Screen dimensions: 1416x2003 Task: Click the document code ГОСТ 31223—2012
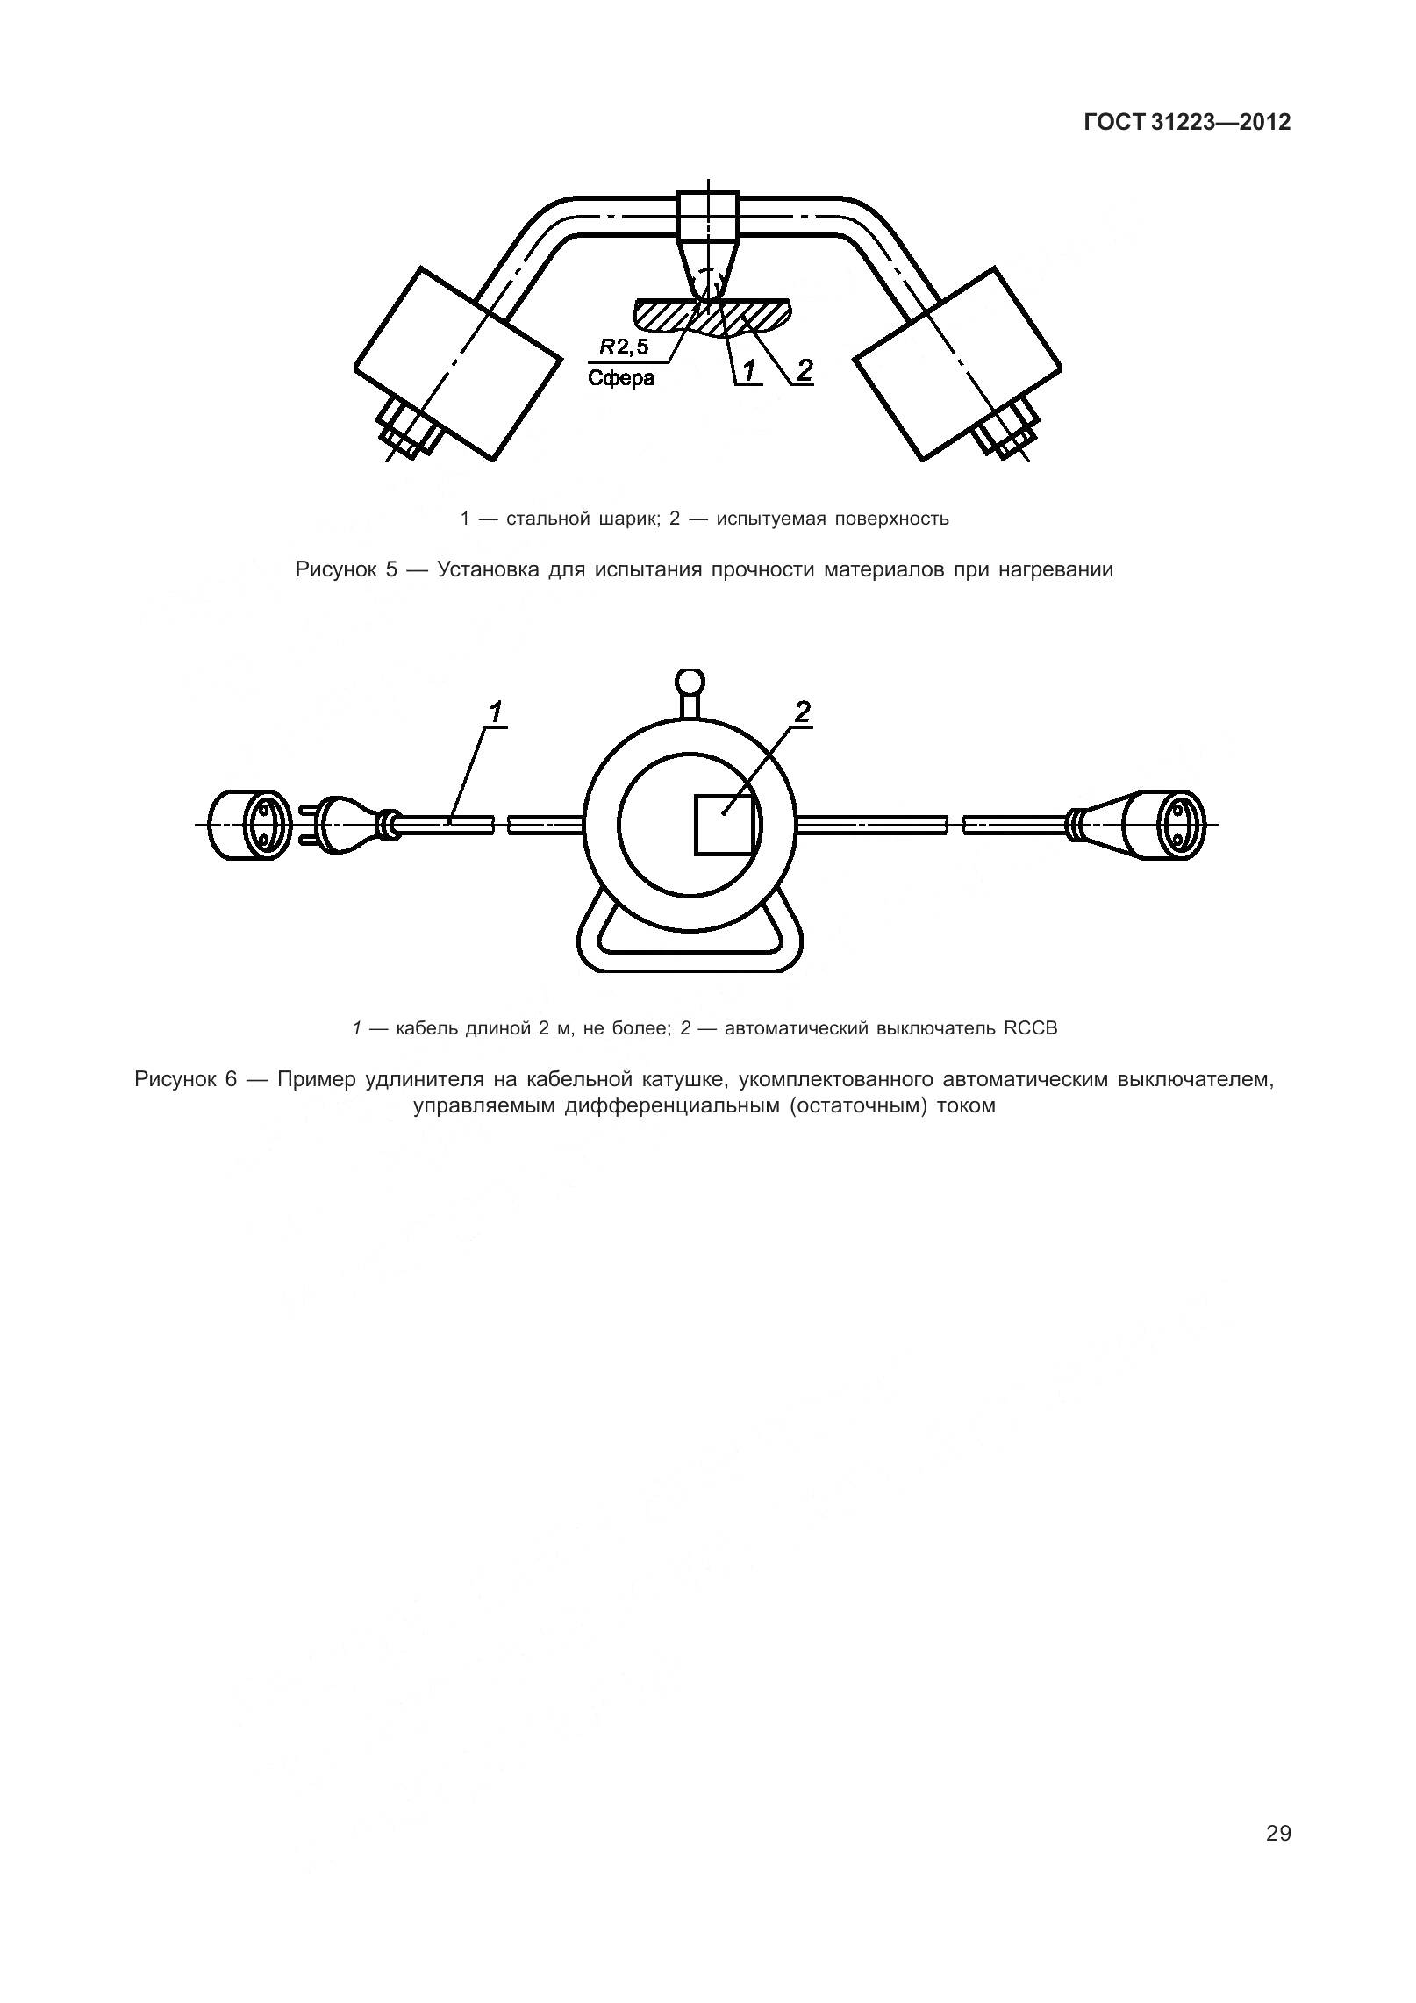point(1187,123)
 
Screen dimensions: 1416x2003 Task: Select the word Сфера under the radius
point(620,379)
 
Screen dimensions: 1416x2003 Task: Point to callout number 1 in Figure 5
point(748,371)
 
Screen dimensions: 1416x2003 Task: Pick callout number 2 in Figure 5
point(804,370)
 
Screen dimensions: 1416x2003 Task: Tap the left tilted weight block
point(457,363)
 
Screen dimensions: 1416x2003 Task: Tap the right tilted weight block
point(957,363)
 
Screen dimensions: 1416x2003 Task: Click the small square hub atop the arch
point(709,215)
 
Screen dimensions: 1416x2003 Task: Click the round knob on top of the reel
point(690,682)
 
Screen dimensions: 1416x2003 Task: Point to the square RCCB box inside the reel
point(725,824)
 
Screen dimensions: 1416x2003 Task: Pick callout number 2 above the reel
point(802,712)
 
